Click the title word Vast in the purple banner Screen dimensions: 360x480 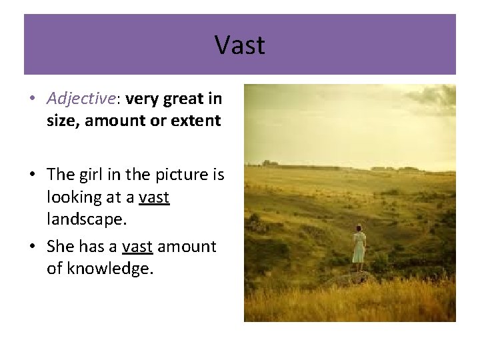click(x=240, y=45)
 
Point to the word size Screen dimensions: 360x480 click(x=61, y=121)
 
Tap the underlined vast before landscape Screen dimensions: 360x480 click(x=154, y=197)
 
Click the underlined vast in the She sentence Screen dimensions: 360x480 click(x=138, y=247)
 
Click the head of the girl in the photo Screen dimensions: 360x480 click(x=359, y=228)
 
